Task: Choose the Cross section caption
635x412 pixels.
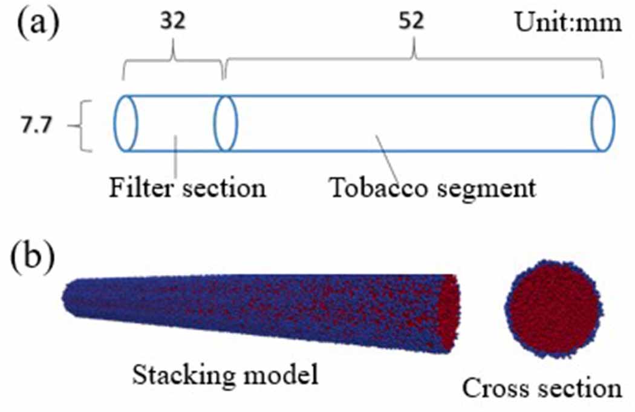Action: pyautogui.click(x=542, y=388)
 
